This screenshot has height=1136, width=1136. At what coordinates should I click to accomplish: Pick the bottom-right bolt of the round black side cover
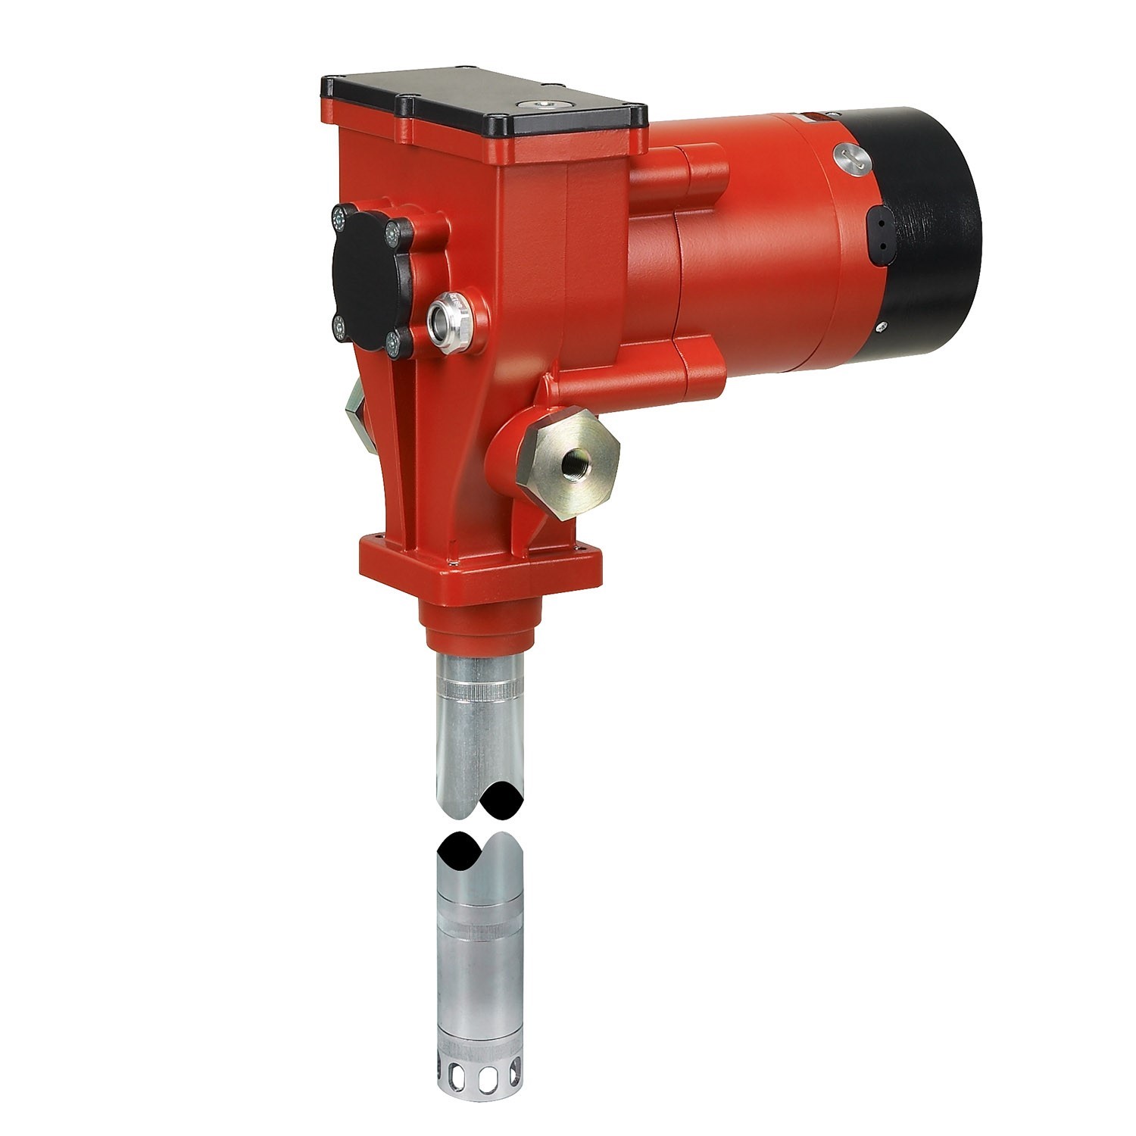pos(394,345)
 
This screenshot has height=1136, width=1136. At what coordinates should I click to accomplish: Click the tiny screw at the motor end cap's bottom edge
pos(881,328)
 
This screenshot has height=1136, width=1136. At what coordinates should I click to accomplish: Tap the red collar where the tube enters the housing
pos(479,629)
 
